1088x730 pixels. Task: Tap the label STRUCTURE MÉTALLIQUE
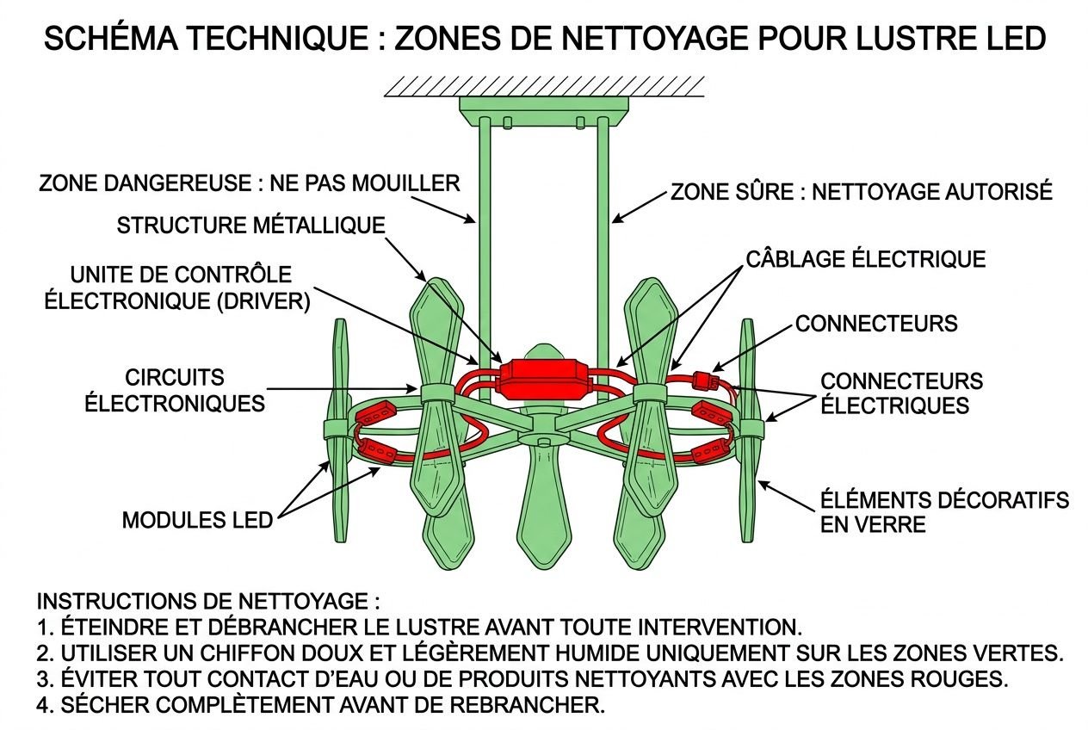coord(250,226)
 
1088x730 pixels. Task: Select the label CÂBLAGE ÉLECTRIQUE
coord(865,259)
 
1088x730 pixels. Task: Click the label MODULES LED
coord(197,520)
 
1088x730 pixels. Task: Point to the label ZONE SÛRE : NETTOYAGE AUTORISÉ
coord(861,191)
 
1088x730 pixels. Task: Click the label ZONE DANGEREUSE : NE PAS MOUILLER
coord(250,183)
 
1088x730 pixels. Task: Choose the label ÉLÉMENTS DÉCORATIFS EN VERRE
coord(944,511)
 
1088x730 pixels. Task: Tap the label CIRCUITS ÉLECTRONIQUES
coord(175,390)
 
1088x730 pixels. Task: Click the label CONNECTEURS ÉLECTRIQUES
coord(900,393)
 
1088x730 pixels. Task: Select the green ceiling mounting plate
coord(544,109)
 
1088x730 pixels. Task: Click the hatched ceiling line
coord(544,85)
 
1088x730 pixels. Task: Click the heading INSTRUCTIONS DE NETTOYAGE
coord(207,600)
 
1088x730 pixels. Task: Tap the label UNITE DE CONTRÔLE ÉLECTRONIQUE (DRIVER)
coord(189,288)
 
